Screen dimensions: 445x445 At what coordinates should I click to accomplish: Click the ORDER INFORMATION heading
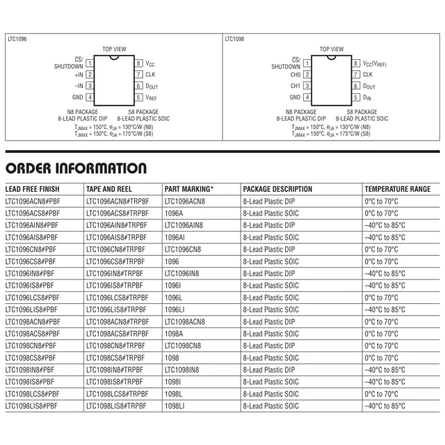tap(76, 168)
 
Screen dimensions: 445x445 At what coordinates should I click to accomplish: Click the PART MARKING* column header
tap(189, 189)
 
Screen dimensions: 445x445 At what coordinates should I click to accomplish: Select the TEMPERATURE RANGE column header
tap(398, 189)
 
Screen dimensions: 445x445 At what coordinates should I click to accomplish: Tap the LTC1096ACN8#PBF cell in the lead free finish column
tap(32, 202)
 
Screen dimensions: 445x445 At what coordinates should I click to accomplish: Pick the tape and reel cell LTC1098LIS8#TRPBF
tap(117, 405)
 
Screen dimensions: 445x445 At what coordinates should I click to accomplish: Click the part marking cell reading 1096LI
tap(175, 309)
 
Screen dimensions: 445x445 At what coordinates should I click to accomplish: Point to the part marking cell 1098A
tap(174, 334)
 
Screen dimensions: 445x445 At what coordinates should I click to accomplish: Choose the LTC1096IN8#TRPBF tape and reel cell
tap(115, 273)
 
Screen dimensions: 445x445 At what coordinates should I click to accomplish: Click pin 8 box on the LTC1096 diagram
tap(139, 63)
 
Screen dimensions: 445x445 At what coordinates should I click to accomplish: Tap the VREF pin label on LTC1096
tap(151, 98)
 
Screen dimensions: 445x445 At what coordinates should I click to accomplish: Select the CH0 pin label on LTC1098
tap(296, 74)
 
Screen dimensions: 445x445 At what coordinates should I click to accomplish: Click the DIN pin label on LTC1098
tap(367, 98)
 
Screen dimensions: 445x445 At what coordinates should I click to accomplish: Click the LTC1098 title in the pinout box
tap(234, 40)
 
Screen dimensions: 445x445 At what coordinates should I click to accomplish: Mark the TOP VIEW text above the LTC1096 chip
tap(114, 49)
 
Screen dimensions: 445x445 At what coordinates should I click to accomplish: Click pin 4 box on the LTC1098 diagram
tap(307, 97)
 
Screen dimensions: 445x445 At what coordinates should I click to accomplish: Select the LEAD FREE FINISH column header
tap(33, 189)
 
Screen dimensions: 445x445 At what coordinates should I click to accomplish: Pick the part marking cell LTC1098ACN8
tap(184, 322)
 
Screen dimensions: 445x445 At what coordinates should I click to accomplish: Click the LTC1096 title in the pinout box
tap(17, 40)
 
